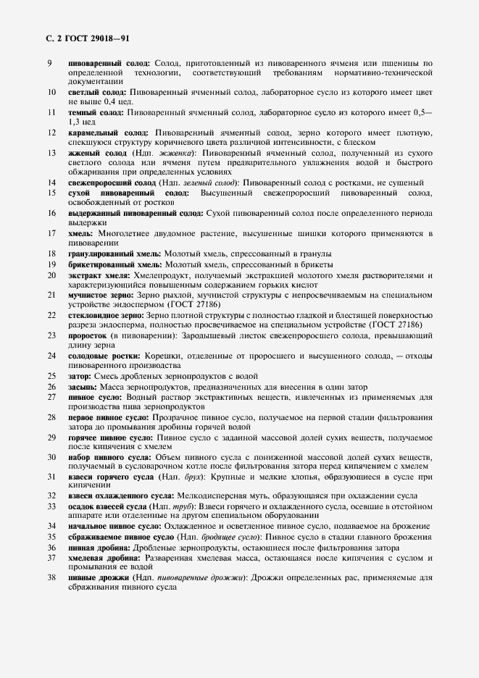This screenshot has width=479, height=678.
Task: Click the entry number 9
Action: pyautogui.click(x=49, y=64)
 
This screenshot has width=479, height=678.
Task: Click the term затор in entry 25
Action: pyautogui.click(x=80, y=377)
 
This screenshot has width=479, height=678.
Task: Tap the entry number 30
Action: pyautogui.click(x=51, y=457)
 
